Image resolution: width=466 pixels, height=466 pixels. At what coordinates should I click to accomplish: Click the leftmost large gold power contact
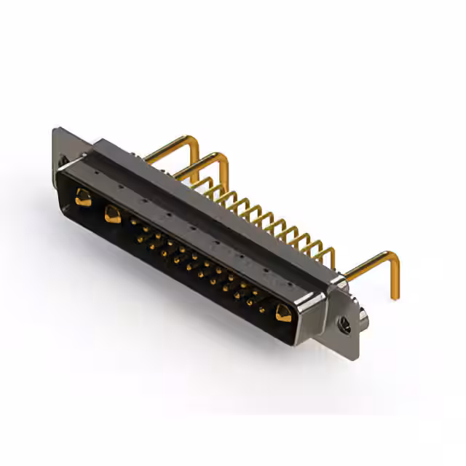tap(83, 197)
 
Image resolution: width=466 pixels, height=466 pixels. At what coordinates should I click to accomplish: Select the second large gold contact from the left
tap(113, 215)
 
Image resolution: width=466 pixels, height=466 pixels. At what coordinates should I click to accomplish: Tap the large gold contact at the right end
tap(283, 314)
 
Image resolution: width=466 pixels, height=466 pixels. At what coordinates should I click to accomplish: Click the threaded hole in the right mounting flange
tap(345, 325)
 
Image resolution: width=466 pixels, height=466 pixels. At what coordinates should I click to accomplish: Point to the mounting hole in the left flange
tap(63, 161)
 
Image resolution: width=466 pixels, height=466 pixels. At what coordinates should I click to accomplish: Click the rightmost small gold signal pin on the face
tap(262, 309)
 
